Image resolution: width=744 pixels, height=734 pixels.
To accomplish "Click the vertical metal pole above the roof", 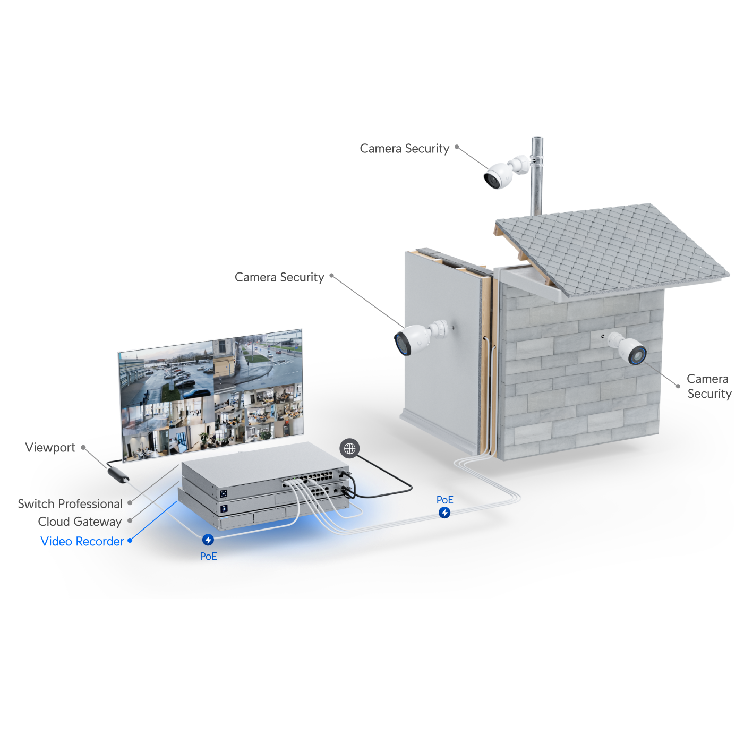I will pos(536,175).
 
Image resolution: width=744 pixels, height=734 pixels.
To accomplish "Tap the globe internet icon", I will pos(349,449).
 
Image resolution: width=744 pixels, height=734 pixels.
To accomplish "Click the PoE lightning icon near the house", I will pos(444,513).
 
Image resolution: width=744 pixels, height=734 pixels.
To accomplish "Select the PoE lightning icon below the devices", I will pos(208,540).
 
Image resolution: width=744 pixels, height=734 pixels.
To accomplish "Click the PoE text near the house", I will pos(444,500).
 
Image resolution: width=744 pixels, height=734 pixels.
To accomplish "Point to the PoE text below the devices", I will pos(208,556).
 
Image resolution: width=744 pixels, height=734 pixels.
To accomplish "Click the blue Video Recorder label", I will pos(82,541).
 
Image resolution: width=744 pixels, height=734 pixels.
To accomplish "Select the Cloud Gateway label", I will pos(81,522).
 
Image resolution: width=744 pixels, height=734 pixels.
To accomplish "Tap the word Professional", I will pos(90,503).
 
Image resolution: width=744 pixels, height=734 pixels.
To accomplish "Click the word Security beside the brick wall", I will pos(709,394).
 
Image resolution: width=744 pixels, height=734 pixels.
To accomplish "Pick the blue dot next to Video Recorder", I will pos(130,541).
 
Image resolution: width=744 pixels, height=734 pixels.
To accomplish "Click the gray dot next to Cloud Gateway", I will pos(130,521).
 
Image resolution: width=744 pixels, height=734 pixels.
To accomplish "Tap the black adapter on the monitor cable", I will pos(117,474).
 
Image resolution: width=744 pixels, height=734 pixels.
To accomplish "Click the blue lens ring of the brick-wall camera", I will pos(637,354).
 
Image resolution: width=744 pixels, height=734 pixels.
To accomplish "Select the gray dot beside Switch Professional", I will pos(130,502).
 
